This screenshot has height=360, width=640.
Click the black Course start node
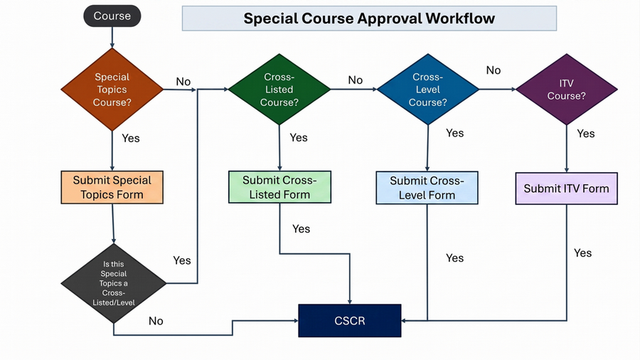point(112,16)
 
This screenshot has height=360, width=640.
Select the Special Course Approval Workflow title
point(368,18)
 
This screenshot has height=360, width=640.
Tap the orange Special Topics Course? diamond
point(112,90)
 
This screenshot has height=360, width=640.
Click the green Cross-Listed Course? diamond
point(279,90)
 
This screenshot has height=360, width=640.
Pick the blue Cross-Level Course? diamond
point(427,90)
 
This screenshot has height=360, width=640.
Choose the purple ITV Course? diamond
point(567,90)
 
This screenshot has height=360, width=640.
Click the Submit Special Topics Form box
point(112,188)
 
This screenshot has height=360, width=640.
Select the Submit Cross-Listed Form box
point(279,187)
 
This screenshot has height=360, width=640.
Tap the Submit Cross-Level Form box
point(427,188)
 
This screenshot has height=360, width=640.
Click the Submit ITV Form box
point(566,189)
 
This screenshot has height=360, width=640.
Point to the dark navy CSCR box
point(349,321)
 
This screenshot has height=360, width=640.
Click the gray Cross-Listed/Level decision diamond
point(114,283)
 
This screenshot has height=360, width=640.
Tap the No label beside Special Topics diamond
point(183,81)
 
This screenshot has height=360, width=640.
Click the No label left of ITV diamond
point(494,70)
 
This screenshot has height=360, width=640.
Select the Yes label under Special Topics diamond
point(131,138)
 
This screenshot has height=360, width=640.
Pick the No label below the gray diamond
point(156,321)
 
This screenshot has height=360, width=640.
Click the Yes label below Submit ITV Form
point(582,253)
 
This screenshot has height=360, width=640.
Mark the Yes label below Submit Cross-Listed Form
point(301,228)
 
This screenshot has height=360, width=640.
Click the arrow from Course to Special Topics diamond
point(112,38)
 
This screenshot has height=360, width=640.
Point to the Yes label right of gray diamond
point(182,260)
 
